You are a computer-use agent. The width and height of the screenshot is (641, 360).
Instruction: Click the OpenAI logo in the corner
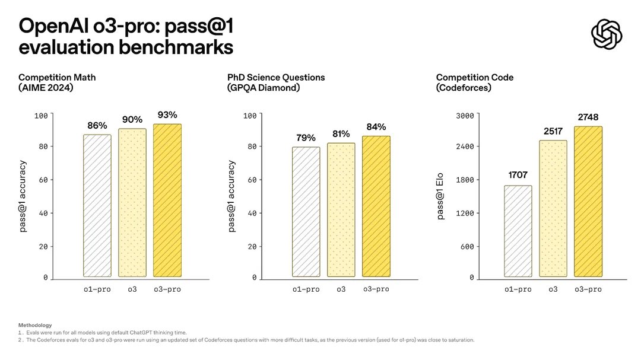click(x=607, y=34)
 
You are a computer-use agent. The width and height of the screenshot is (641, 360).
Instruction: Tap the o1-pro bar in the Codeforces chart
click(x=518, y=231)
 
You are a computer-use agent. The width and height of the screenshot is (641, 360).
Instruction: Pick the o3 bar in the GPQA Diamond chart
click(x=341, y=210)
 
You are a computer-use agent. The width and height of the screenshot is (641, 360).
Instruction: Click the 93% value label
click(x=167, y=114)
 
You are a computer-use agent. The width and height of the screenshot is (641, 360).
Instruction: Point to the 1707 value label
click(x=518, y=175)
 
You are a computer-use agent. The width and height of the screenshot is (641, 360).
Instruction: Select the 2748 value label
click(x=588, y=117)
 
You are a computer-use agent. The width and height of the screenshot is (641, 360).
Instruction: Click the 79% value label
click(x=306, y=138)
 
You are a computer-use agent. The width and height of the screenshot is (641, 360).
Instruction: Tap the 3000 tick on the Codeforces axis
click(x=464, y=115)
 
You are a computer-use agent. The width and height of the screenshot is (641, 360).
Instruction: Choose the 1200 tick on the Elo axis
click(x=464, y=213)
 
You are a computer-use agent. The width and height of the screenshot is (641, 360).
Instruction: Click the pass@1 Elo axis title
click(x=440, y=197)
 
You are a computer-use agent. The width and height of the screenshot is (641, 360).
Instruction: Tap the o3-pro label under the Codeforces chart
click(x=588, y=289)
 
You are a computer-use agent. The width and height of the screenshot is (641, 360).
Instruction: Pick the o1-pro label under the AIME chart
click(x=97, y=289)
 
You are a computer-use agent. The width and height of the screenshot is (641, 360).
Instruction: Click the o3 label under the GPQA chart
click(x=341, y=289)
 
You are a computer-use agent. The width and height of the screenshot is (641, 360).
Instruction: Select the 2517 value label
click(x=553, y=130)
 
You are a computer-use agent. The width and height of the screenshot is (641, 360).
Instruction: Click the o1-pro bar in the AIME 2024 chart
click(x=97, y=206)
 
